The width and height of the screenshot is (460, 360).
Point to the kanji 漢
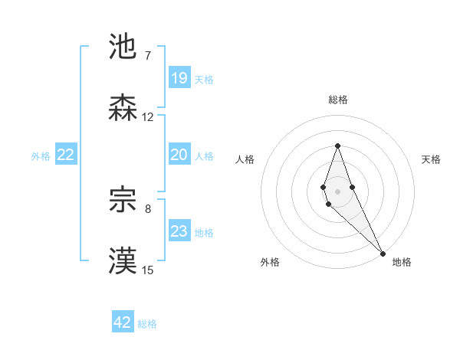coord(123,261)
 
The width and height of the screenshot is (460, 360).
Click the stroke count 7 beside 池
coord(147,55)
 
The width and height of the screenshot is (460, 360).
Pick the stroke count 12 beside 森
coord(148,117)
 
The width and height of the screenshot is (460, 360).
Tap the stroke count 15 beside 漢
coord(148,270)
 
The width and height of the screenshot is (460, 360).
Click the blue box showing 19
coord(179,78)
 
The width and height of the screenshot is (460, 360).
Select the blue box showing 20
coord(179,155)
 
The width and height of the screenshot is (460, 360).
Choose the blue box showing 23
coord(179,231)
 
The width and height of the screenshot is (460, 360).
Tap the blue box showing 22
coord(66,155)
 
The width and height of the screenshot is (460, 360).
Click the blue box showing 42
coord(123,322)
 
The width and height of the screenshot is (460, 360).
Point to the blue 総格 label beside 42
coord(147,324)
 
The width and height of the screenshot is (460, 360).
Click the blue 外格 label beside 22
coord(41,156)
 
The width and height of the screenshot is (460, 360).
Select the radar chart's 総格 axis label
coord(338,100)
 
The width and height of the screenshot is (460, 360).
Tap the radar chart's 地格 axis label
coord(402,262)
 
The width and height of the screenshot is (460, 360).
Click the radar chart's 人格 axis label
coord(245,159)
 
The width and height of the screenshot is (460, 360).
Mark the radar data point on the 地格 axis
coord(383,254)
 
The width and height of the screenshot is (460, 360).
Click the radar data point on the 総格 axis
coord(337,146)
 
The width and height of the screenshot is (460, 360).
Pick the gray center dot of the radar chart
coord(337,190)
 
